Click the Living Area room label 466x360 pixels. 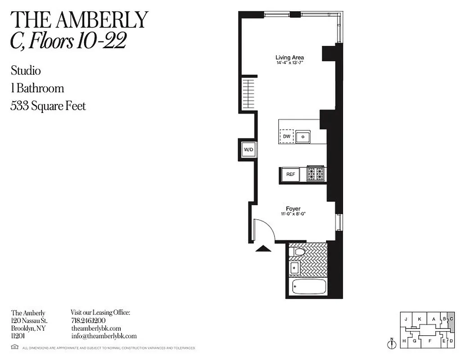click(290, 58)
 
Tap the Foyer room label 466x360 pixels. click(293, 209)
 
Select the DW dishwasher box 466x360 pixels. click(286, 136)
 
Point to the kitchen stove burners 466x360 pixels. click(316, 174)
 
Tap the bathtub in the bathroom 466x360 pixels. click(309, 287)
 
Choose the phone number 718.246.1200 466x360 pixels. click(88, 321)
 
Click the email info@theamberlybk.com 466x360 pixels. click(104, 336)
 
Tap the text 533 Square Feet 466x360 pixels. click(48, 106)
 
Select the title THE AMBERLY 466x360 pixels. click(79, 20)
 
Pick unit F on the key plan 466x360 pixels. click(430, 341)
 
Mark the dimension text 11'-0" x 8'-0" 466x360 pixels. click(293, 214)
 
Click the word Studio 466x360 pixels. click(26, 71)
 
